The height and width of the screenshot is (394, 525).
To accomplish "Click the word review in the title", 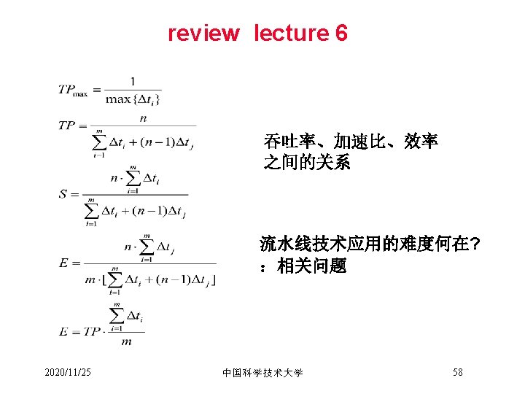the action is click(203, 34).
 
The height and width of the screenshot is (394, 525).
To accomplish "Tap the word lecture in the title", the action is click(291, 34).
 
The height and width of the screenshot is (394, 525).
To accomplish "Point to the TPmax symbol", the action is click(74, 90).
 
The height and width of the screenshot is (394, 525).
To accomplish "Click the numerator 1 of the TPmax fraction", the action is click(132, 81).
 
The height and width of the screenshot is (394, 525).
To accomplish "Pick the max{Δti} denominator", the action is click(133, 98).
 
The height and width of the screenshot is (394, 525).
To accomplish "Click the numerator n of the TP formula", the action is click(143, 117).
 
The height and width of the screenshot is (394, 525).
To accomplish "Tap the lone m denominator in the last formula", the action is click(125, 341).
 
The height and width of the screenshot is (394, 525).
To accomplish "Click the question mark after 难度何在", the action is click(475, 244).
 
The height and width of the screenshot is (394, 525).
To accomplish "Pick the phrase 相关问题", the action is click(312, 266).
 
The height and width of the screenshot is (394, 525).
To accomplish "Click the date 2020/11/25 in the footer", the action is click(68, 373).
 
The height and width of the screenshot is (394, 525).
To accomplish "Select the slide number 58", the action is click(457, 372).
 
